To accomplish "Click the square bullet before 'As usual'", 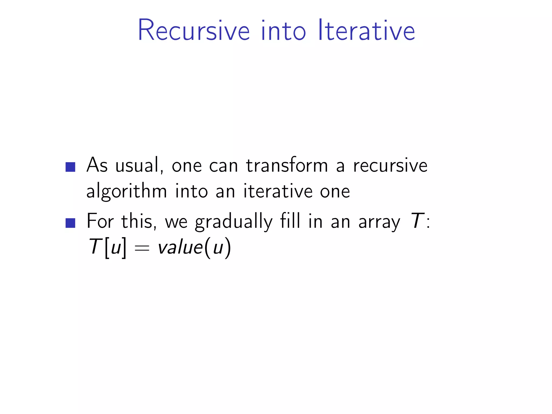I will point(70,167).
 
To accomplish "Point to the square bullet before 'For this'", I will point(70,223).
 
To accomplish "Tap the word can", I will point(223,165).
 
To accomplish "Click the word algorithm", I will point(126,191).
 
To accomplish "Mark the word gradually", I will point(233,222).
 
